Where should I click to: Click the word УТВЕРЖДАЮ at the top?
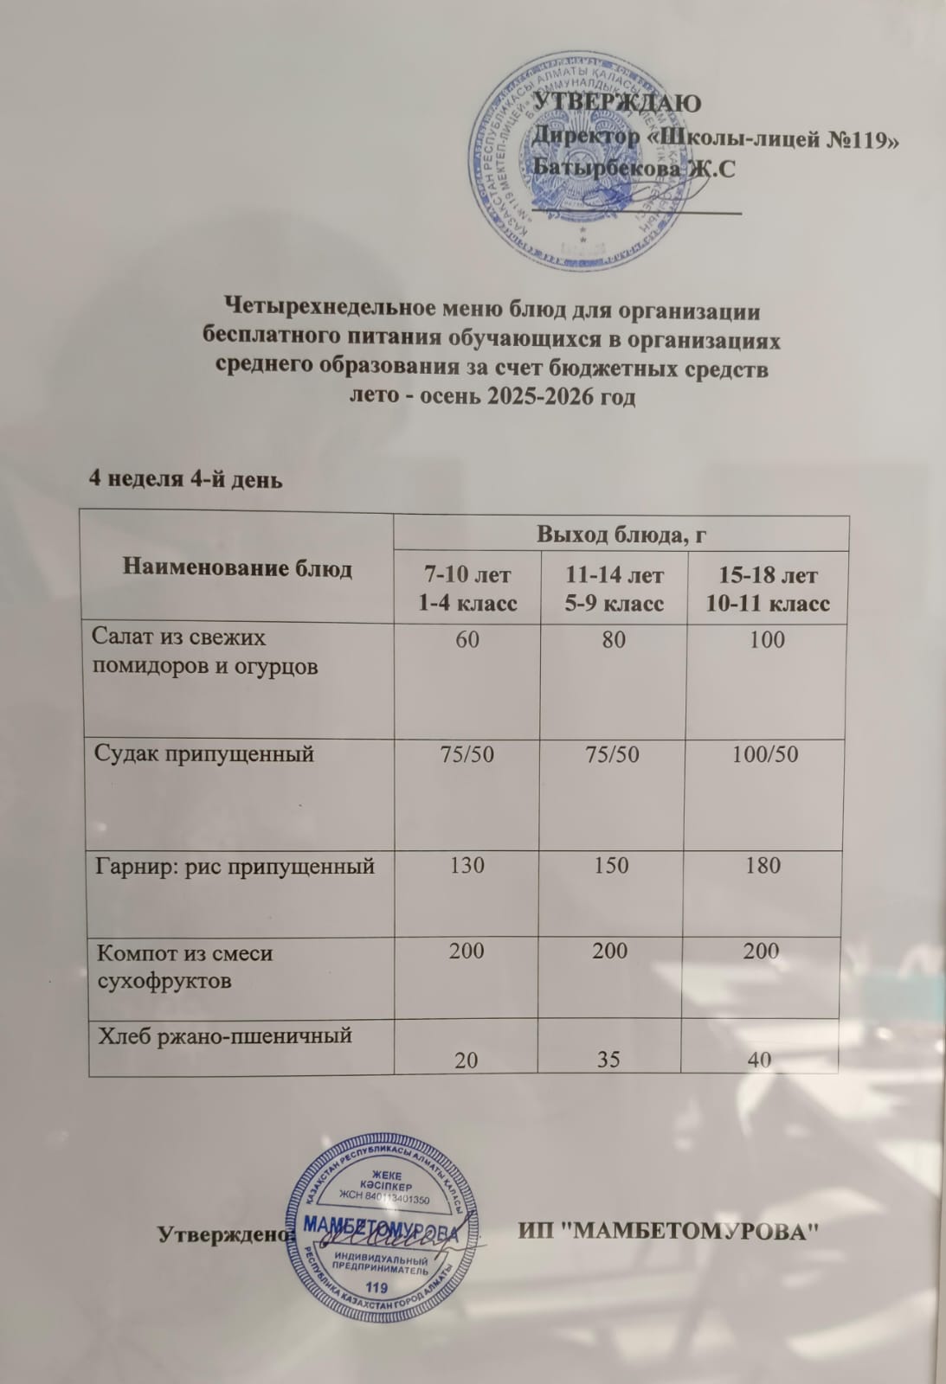[x=615, y=102]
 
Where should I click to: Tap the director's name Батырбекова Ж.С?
[x=635, y=168]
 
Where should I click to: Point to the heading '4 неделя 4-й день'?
[x=187, y=479]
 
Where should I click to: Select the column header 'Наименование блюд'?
[x=237, y=568]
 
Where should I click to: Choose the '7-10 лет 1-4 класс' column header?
[x=467, y=588]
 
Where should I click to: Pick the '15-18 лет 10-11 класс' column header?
[x=767, y=589]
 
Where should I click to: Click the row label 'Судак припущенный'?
[x=203, y=753]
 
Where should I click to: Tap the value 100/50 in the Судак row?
[x=764, y=754]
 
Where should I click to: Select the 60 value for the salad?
[x=467, y=640]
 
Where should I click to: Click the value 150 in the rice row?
[x=611, y=866]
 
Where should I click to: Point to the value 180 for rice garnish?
[x=763, y=866]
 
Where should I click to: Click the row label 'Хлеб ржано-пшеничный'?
[x=224, y=1035]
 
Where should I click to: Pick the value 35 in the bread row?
[x=609, y=1060]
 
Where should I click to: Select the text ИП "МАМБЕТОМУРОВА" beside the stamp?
[x=668, y=1230]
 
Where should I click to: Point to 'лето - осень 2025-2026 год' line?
[x=491, y=397]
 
